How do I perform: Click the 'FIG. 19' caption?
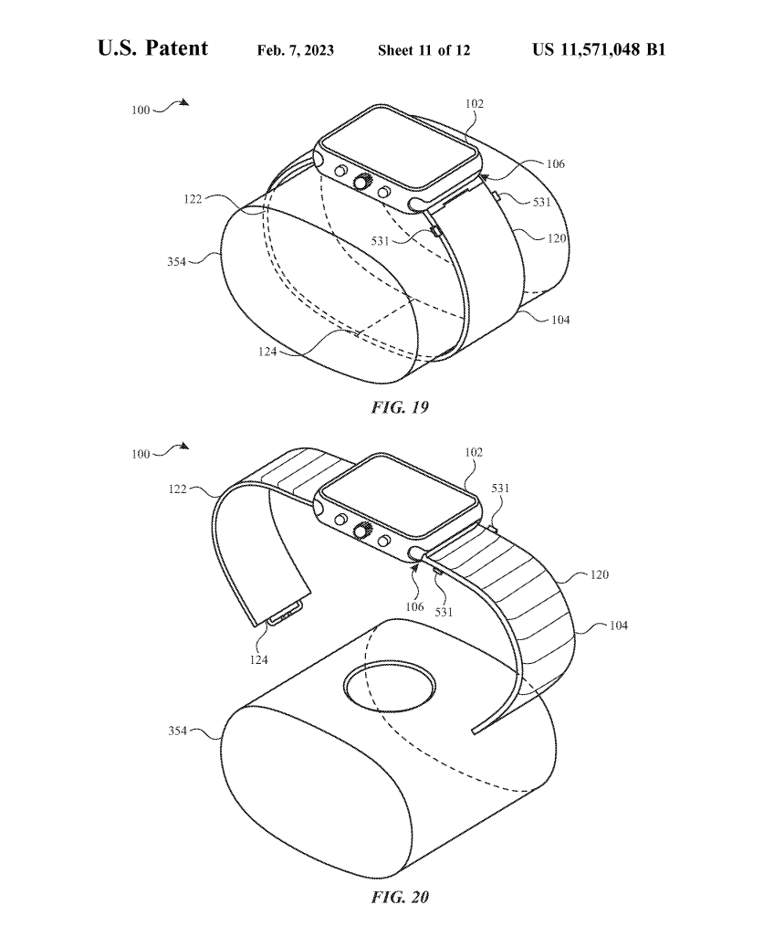[x=400, y=407]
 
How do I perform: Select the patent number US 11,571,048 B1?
[x=599, y=49]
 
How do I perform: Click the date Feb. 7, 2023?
[x=295, y=50]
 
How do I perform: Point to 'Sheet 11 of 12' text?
[x=424, y=50]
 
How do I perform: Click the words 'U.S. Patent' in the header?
[x=152, y=48]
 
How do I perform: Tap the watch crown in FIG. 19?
[x=363, y=181]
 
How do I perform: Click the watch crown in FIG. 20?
[x=363, y=530]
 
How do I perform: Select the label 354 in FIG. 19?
[x=176, y=262]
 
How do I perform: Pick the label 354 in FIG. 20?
[x=177, y=731]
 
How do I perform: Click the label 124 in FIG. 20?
[x=259, y=659]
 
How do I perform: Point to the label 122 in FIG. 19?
[x=193, y=199]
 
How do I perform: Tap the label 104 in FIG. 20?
[x=618, y=626]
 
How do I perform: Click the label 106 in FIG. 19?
[x=556, y=163]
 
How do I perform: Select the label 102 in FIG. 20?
[x=474, y=452]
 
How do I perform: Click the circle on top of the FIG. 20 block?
[x=390, y=689]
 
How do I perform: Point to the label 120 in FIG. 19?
[x=557, y=238]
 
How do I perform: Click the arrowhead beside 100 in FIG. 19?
[x=184, y=102]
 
